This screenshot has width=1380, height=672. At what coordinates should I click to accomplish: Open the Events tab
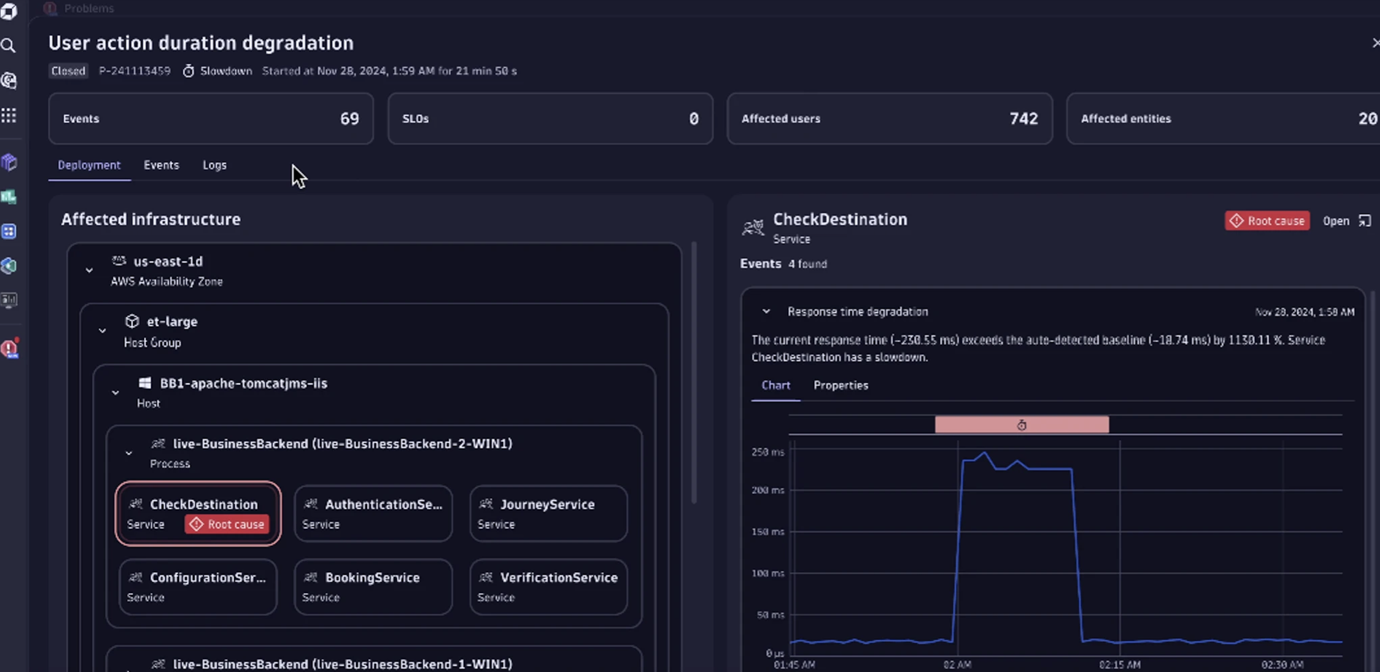[x=161, y=165]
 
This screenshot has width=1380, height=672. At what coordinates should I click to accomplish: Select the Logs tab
[x=214, y=165]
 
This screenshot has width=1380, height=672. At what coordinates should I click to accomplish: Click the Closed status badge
[x=68, y=71]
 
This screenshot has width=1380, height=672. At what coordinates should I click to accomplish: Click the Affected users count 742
[x=1023, y=119]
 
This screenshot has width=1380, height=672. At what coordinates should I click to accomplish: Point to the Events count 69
[x=349, y=119]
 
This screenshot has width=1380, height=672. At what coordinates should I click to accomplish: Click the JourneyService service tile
[x=548, y=513]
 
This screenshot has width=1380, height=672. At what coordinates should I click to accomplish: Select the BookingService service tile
[x=373, y=586]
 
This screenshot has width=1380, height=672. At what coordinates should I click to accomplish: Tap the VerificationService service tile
[x=548, y=586]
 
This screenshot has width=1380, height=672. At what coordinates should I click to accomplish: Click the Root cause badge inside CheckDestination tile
[x=227, y=524]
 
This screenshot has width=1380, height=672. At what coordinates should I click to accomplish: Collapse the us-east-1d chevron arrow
[x=89, y=270]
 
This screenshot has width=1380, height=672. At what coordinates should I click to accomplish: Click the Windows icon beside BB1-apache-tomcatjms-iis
[x=145, y=383]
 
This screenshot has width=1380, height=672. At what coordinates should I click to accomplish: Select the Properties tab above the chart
[x=841, y=385]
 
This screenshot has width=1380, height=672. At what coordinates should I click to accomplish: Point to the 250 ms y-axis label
[x=767, y=452]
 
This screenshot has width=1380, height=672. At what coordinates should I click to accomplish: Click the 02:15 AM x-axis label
[x=1119, y=664]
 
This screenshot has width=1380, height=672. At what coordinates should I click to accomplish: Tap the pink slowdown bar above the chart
[x=1021, y=425]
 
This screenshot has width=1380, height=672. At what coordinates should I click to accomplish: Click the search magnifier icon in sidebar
[x=9, y=45]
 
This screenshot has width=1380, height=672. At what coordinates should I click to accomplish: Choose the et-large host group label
[x=172, y=321]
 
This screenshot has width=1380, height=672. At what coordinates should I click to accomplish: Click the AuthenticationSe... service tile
[x=373, y=513]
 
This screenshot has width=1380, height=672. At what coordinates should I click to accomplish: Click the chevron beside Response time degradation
[x=766, y=311]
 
